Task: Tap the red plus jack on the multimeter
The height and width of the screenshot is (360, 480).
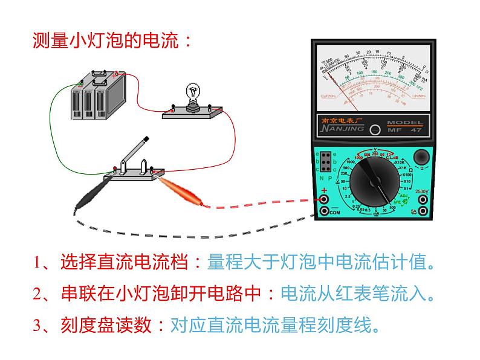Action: (x=324, y=199)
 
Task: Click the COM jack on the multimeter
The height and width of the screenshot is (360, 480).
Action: (x=324, y=211)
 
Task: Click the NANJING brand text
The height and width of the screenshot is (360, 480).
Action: (x=343, y=128)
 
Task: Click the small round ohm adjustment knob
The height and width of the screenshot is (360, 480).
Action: (x=421, y=158)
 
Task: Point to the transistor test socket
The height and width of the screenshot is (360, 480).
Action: (x=325, y=162)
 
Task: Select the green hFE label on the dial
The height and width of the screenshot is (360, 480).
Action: (x=397, y=202)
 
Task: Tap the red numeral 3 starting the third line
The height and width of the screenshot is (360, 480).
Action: (x=37, y=326)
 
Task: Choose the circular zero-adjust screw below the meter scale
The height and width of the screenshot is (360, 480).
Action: (x=375, y=129)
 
